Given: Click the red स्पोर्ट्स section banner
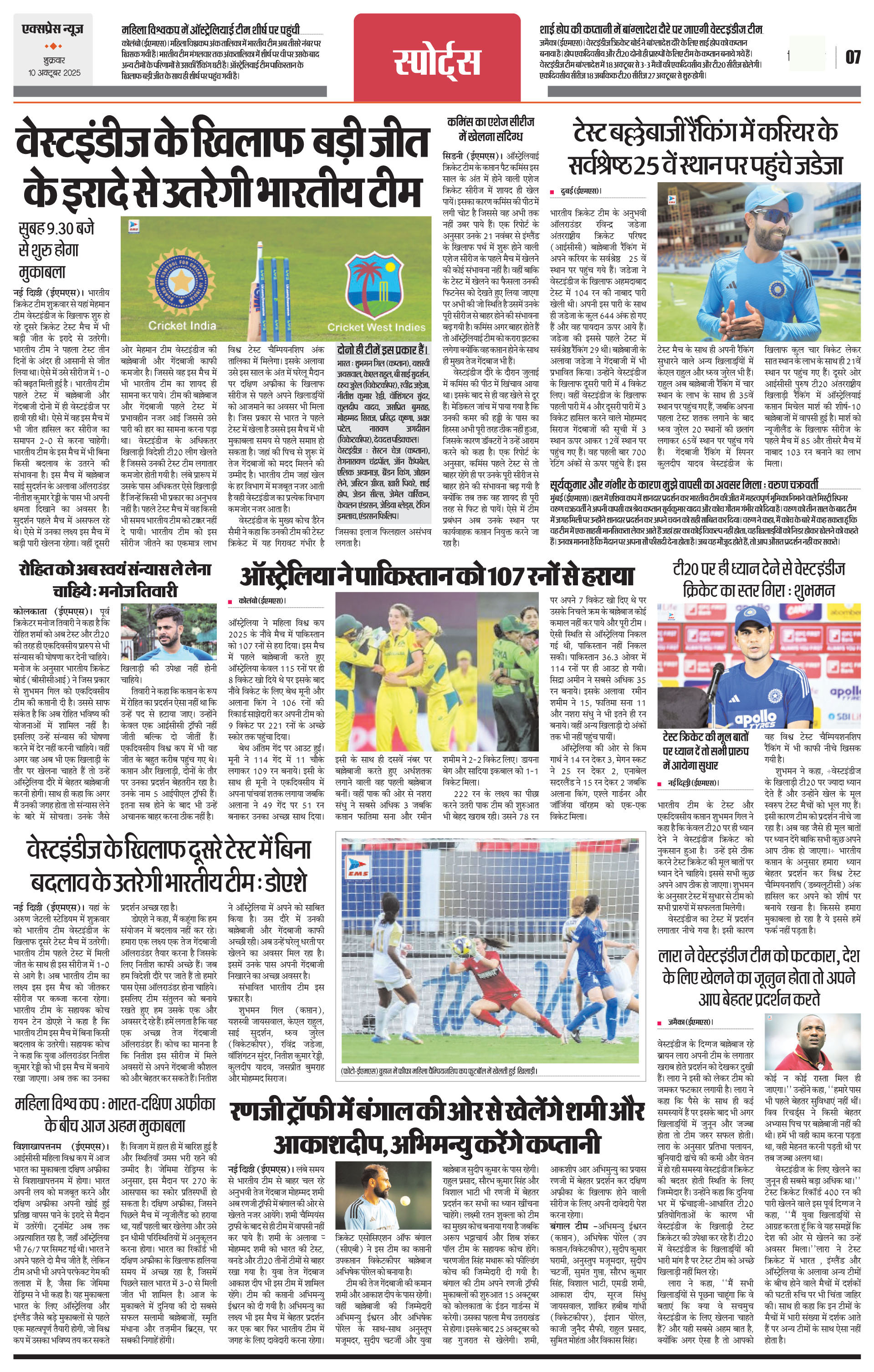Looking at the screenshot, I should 437,61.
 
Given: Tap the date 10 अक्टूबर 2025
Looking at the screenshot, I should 55,73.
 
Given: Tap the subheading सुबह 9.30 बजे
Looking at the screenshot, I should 57,229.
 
